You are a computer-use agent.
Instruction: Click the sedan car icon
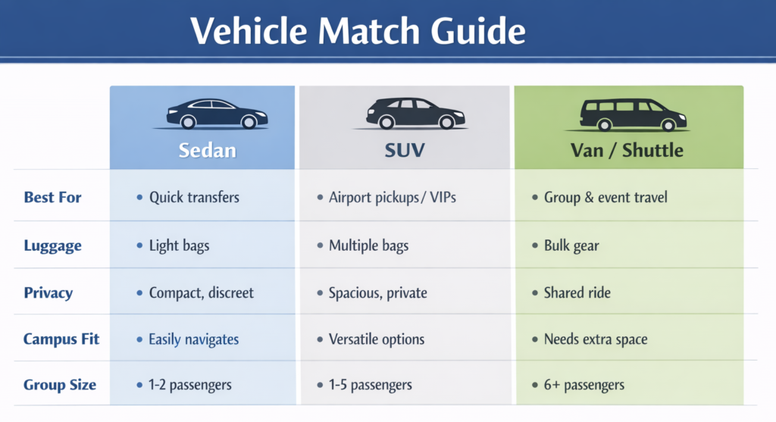(216, 114)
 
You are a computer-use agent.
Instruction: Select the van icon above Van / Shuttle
(634, 114)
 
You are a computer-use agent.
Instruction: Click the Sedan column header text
(208, 150)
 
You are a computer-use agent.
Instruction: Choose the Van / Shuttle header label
(627, 150)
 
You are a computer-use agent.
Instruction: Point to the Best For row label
(52, 198)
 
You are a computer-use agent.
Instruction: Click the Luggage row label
(52, 245)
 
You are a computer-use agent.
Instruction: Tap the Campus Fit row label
(61, 339)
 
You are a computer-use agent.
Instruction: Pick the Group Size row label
(60, 385)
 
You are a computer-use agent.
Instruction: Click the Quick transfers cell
(194, 198)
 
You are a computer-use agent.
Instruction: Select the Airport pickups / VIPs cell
(392, 198)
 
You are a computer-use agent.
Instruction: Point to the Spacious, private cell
(377, 292)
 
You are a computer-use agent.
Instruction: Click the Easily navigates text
(193, 339)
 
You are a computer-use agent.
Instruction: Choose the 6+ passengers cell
(584, 385)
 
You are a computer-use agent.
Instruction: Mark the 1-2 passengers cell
(189, 385)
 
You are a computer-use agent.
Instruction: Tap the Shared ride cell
(577, 292)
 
